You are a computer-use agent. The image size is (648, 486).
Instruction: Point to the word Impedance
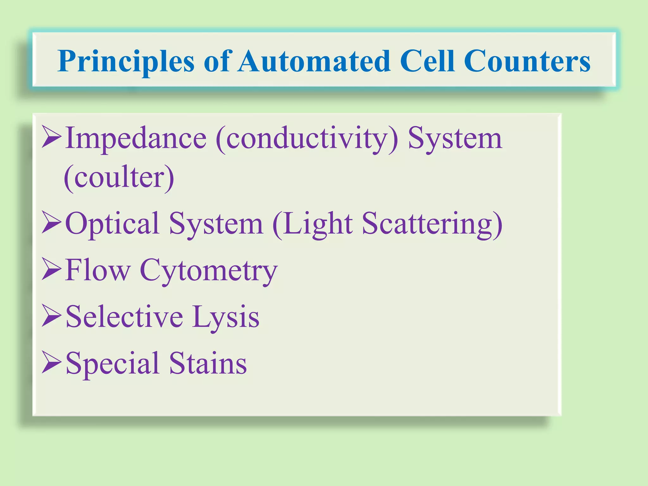coord(136,139)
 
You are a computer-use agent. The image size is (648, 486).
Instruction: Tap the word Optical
coord(112,224)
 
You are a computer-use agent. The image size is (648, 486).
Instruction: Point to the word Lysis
coord(226,317)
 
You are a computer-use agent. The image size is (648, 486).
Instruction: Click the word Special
coord(112,364)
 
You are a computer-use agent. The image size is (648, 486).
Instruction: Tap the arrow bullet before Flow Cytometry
coord(52,269)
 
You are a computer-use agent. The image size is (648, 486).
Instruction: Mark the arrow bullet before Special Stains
coord(52,362)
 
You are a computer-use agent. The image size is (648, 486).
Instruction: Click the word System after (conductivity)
coord(455,139)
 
